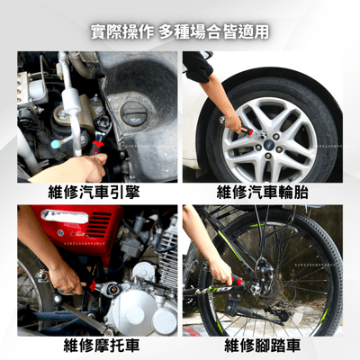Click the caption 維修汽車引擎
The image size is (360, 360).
click(98, 193)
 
